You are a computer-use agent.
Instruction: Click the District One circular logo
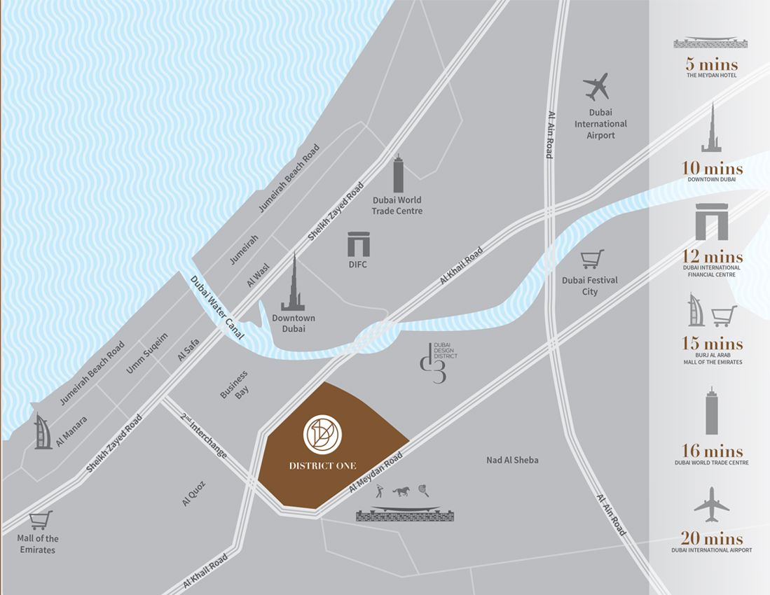point(322,435)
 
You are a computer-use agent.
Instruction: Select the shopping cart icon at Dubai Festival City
point(592,260)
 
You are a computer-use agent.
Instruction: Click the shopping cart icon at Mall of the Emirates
point(41,520)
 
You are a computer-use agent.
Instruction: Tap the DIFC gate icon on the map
point(358,244)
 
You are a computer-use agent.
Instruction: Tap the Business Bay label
point(235,384)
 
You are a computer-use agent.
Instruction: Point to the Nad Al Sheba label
point(512,460)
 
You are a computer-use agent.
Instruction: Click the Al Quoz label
point(191,492)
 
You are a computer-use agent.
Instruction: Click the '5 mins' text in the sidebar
point(711,66)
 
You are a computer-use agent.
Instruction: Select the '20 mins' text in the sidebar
point(712,538)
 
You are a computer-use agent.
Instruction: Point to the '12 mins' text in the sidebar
point(712,256)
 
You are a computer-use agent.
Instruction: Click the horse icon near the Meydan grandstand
point(401,491)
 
